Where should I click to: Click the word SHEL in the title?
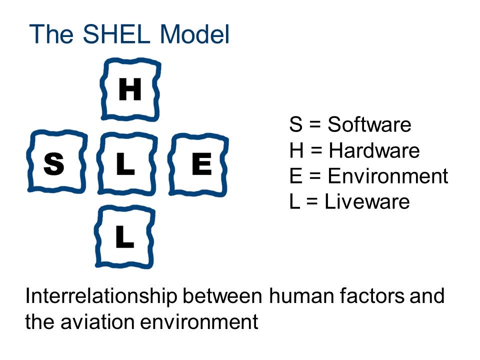pos(116,33)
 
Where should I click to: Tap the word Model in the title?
pos(194,33)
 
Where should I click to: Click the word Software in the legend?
pos(369,124)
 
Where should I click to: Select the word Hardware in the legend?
pos(374,150)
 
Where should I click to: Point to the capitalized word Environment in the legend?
pos(388,176)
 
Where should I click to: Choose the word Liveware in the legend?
pos(367,201)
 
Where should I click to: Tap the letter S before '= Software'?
pos(295,124)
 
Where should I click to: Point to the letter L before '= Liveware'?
pos(294,201)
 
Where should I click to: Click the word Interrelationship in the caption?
pos(101,296)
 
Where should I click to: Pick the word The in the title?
pos(51,33)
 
